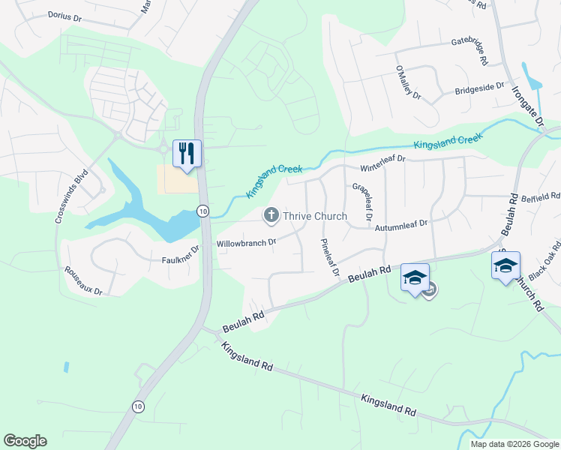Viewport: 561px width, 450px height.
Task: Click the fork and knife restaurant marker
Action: point(186,153)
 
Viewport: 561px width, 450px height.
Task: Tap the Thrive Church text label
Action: point(314,217)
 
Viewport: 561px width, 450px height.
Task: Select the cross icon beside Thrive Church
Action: point(270,216)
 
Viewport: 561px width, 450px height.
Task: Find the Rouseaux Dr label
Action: point(82,280)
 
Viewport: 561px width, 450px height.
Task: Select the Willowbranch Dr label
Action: point(246,243)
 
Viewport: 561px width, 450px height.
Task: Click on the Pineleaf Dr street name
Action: point(330,256)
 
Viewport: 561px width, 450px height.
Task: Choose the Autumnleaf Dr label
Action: point(402,223)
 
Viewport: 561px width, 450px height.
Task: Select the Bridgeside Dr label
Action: point(480,88)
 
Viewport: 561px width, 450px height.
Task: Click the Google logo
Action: point(25,441)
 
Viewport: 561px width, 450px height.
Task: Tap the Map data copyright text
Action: point(514,444)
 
